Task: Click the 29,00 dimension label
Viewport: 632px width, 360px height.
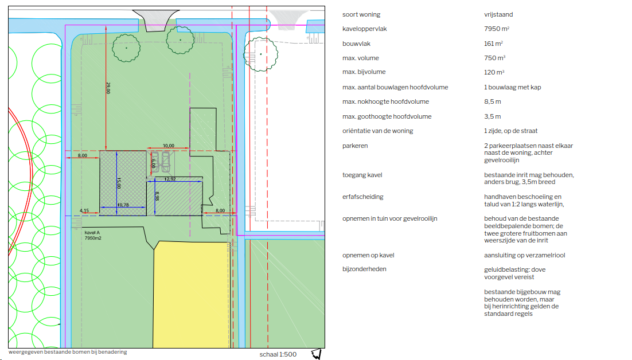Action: coord(108,88)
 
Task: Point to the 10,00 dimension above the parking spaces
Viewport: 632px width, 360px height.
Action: coord(169,146)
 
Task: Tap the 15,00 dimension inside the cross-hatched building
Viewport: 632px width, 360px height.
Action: coord(119,183)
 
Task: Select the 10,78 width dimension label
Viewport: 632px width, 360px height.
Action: coord(123,205)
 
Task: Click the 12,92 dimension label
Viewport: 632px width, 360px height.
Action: coord(170,179)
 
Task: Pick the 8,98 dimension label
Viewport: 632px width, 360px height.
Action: coord(157,196)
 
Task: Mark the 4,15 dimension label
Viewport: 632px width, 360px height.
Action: coord(84,210)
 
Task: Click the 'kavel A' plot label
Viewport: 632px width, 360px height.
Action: coord(92,233)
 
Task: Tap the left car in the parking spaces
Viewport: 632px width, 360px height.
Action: coord(155,162)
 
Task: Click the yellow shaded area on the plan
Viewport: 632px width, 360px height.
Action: coord(192,294)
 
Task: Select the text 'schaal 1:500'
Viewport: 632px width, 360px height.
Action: coord(278,354)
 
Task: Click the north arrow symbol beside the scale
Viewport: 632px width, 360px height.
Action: coord(317,354)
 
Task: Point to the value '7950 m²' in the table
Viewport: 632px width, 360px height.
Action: coord(497,29)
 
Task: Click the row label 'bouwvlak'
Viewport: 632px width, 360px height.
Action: coord(356,44)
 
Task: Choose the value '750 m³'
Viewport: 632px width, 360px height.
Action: coord(494,58)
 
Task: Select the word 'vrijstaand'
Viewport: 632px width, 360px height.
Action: coord(498,14)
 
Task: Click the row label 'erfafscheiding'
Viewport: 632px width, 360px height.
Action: coord(363,197)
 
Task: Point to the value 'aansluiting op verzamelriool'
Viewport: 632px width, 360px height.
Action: coord(524,255)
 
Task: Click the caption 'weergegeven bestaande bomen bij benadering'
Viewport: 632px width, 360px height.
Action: coord(68,352)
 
